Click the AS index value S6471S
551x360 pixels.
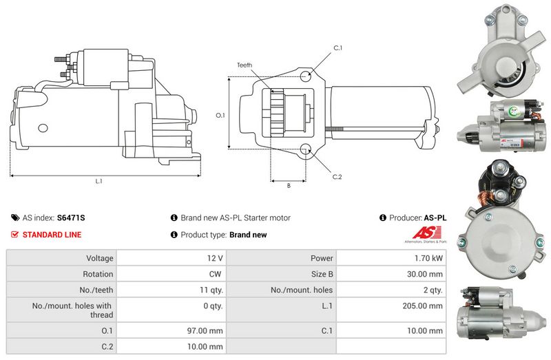(71, 218)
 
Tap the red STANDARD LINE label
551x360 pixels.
(52, 235)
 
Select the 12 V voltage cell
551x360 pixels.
(215, 258)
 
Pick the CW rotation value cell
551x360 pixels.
(215, 274)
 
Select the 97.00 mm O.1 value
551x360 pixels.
(206, 330)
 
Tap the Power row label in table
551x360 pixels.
(322, 258)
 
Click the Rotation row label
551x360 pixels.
(98, 274)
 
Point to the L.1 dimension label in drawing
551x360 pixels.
(99, 182)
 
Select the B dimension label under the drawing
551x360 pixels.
(288, 184)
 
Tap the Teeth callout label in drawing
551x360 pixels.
(245, 65)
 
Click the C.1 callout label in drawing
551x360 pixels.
(337, 47)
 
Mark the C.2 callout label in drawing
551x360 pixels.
(337, 177)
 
